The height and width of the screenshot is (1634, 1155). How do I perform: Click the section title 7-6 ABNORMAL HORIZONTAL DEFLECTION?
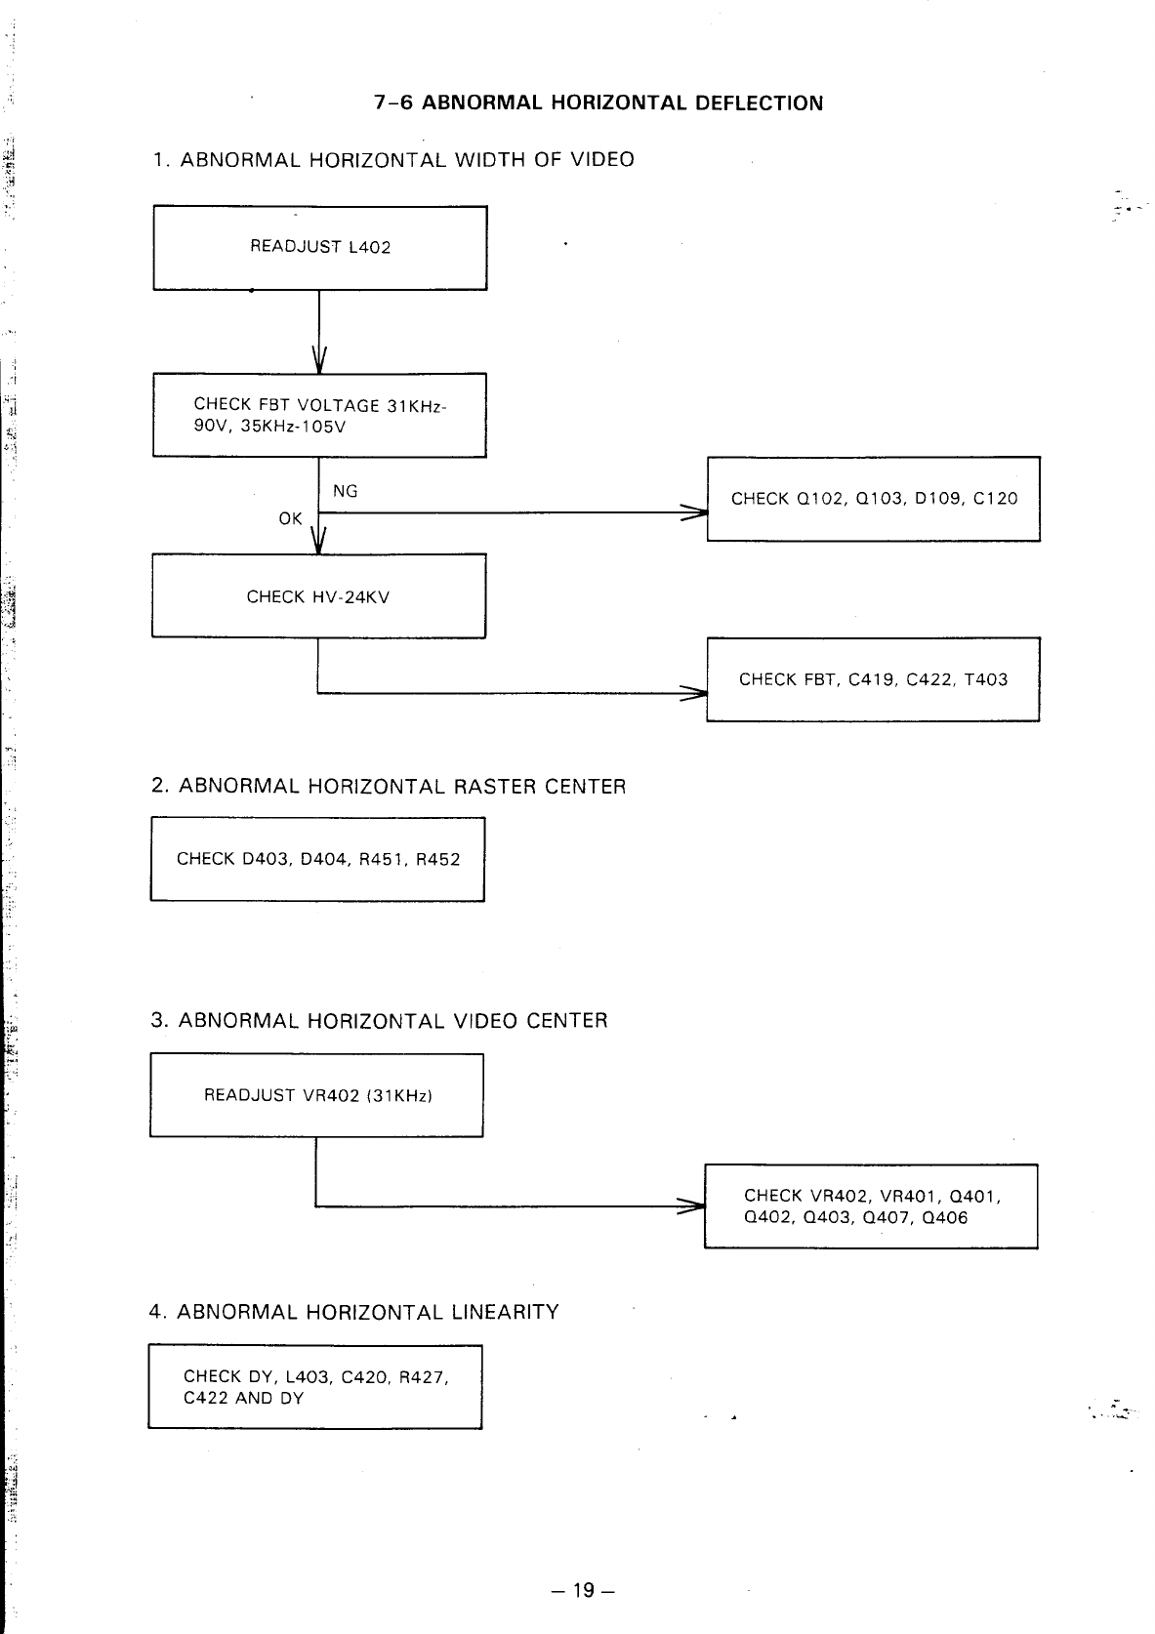click(598, 102)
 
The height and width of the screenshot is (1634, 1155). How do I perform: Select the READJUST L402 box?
click(320, 248)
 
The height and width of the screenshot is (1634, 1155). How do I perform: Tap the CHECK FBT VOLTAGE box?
click(319, 415)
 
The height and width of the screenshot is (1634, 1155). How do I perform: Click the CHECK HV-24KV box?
click(318, 596)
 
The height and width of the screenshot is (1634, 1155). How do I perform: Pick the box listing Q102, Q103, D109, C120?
click(874, 499)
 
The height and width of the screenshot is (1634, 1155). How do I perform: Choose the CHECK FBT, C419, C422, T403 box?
click(873, 679)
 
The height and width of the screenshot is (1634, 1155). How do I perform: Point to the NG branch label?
click(346, 491)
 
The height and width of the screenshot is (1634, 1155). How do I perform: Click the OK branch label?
click(290, 518)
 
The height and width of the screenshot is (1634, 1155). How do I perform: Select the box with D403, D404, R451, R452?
click(317, 859)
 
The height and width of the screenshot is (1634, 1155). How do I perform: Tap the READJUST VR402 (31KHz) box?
click(317, 1095)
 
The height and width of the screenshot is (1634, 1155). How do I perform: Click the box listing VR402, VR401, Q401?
click(871, 1206)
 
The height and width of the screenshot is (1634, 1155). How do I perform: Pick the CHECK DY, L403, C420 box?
click(315, 1386)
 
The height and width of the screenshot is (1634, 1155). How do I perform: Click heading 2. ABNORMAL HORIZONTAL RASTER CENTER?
click(389, 787)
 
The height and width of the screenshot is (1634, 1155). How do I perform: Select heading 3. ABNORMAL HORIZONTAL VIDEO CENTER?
click(379, 1021)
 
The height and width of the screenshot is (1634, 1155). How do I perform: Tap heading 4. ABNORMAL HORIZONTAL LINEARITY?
click(354, 1312)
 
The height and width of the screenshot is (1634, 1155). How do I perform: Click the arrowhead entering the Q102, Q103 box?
click(695, 512)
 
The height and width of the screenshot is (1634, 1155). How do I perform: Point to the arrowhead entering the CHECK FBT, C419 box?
click(694, 693)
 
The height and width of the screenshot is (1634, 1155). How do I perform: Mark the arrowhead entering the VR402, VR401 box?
click(693, 1207)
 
